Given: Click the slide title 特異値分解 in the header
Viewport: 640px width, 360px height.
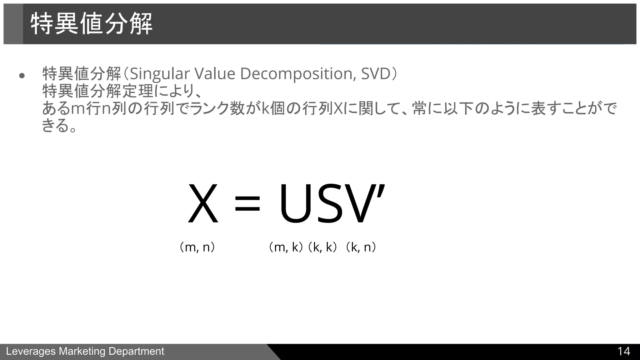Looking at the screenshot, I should point(91,24).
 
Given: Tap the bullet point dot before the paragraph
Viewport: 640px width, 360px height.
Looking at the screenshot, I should point(22,76).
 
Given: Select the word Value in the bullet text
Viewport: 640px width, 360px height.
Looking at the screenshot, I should point(215,74).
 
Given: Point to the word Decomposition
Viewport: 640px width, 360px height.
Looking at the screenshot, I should point(298,74).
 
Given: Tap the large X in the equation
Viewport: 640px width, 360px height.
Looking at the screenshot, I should point(203,204).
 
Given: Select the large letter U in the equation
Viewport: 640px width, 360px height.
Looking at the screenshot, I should point(294,204).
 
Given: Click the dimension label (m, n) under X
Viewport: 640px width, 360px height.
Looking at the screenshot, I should point(197,247).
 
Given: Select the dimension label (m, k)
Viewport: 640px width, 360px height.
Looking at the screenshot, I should point(286,247).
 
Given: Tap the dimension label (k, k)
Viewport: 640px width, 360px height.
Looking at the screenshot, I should point(322,247).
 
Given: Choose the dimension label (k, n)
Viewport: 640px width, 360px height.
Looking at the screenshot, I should point(360,247).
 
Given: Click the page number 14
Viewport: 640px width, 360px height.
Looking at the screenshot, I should point(623,352).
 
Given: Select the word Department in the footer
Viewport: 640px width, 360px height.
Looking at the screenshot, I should point(136,352).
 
